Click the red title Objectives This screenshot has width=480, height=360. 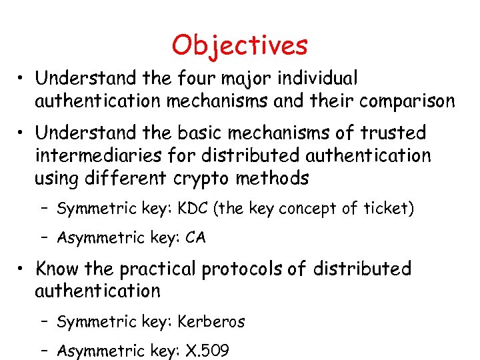(239, 45)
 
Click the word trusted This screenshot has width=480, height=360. (393, 133)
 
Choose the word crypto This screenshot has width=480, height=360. (207, 179)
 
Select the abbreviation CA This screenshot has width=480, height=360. (196, 238)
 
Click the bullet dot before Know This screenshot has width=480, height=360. (23, 269)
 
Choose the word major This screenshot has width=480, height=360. (237, 79)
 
